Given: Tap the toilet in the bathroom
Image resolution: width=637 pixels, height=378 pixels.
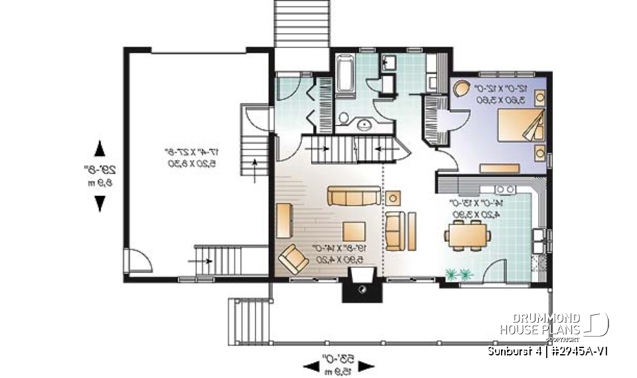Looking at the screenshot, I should click(344, 118).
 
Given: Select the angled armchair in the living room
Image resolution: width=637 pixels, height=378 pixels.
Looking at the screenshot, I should click(293, 257).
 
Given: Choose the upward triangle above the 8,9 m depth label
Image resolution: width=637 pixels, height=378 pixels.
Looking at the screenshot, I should click(100, 147).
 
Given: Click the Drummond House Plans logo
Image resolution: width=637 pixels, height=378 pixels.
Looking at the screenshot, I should click(553, 325).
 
